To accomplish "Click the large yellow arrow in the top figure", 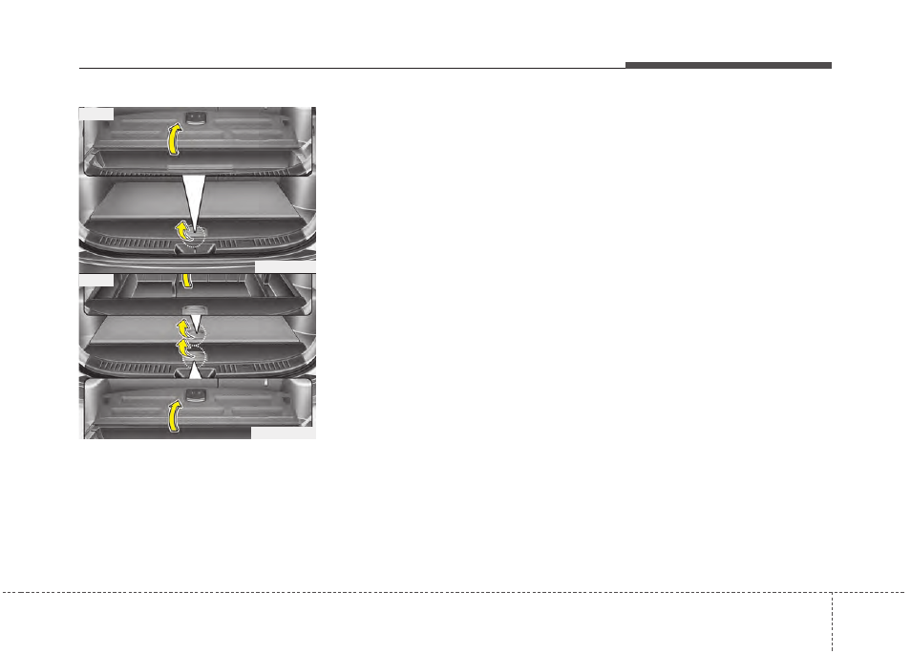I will [173, 140].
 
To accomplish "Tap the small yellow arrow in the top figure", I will [180, 230].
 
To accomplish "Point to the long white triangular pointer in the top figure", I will [194, 199].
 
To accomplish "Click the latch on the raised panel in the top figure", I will [197, 117].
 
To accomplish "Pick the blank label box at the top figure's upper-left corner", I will [96, 114].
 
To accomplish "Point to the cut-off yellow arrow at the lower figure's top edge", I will [187, 280].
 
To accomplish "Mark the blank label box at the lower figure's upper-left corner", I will [96, 281].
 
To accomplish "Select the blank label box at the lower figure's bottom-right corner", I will [283, 432].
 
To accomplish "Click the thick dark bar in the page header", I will [729, 65].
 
